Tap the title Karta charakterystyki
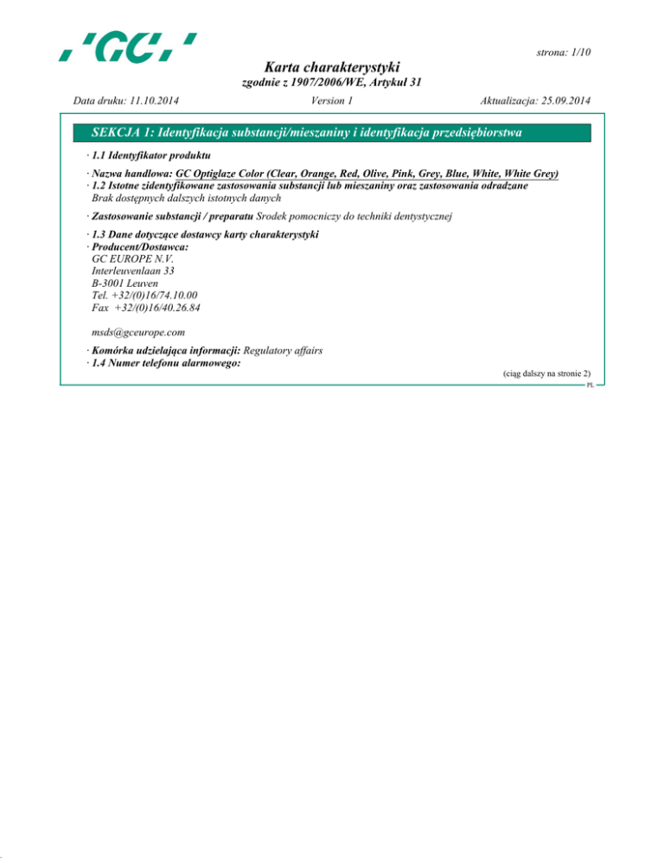pos(332,67)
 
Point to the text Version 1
pos(331,102)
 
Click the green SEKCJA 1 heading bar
pos(332,132)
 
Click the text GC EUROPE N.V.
pos(131,258)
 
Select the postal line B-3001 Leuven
pos(124,283)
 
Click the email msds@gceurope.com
pos(140,331)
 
